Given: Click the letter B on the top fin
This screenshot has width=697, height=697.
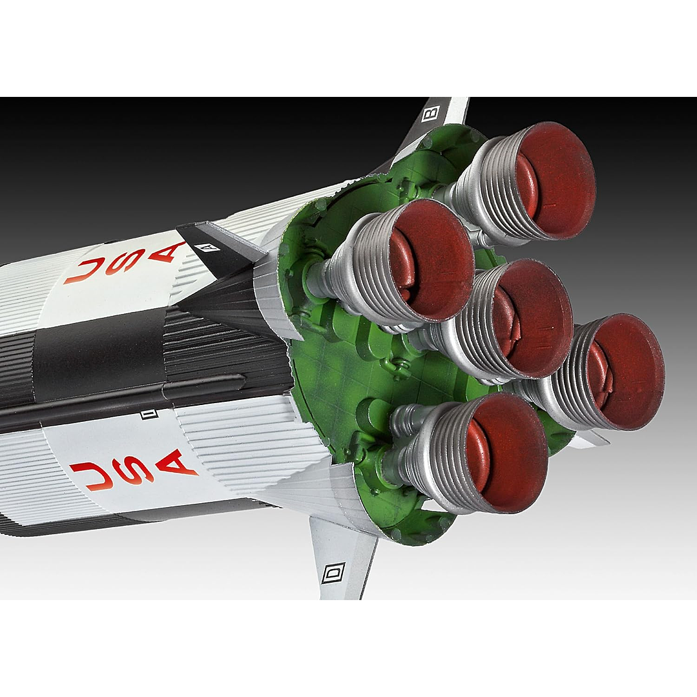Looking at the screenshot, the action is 430,113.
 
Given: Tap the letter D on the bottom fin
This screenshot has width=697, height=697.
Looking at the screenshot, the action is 333,573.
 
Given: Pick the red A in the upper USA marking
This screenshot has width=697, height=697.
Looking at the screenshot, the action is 167,251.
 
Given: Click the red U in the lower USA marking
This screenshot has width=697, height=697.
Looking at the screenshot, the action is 92,475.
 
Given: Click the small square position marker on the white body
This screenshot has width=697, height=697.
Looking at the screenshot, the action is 149,415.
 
